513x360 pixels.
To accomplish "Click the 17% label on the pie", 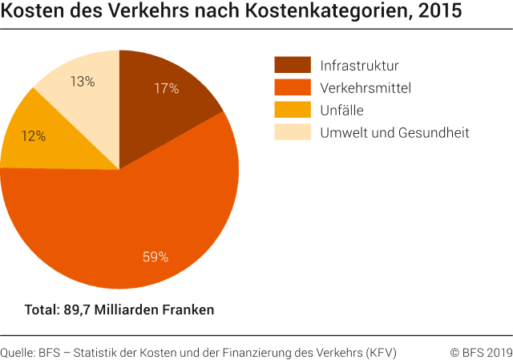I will click(x=166, y=89).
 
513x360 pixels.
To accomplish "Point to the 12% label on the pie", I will click(x=33, y=136).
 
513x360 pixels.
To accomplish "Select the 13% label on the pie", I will click(x=82, y=81).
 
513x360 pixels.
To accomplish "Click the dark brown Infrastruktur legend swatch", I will click(x=293, y=65).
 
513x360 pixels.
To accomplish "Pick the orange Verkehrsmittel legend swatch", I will click(x=293, y=87).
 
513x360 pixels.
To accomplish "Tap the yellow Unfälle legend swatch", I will click(x=293, y=110).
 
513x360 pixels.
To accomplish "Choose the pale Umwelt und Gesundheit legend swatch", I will click(x=293, y=132).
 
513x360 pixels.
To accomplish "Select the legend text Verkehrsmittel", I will click(x=366, y=88).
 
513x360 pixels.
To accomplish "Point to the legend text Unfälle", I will click(x=342, y=111).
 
